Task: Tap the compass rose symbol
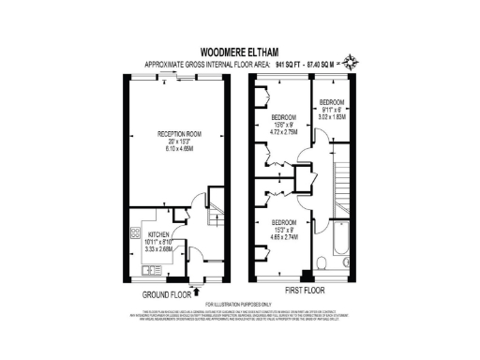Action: (351, 64)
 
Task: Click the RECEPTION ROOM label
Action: (174, 134)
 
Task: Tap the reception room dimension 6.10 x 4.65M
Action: (174, 149)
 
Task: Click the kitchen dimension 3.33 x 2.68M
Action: (157, 250)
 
